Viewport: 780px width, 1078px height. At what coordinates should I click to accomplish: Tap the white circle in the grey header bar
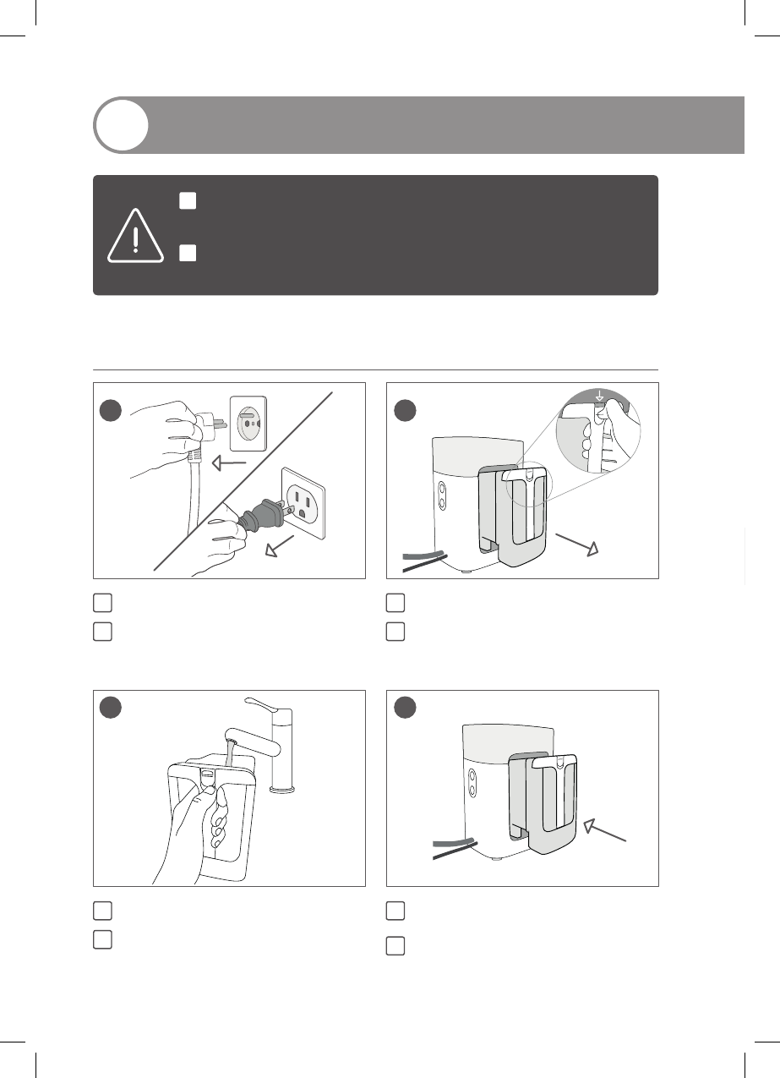121,125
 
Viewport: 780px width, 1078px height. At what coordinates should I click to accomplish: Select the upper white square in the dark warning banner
188,200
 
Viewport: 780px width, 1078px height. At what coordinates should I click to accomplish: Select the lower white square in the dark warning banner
188,253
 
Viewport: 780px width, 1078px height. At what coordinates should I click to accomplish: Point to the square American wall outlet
303,505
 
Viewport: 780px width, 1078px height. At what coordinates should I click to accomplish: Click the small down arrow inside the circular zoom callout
599,395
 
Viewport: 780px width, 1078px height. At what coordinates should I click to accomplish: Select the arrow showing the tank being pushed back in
606,830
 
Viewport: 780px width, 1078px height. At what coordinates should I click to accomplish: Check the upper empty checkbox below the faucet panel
102,911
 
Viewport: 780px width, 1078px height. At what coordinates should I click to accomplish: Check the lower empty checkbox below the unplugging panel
102,631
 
